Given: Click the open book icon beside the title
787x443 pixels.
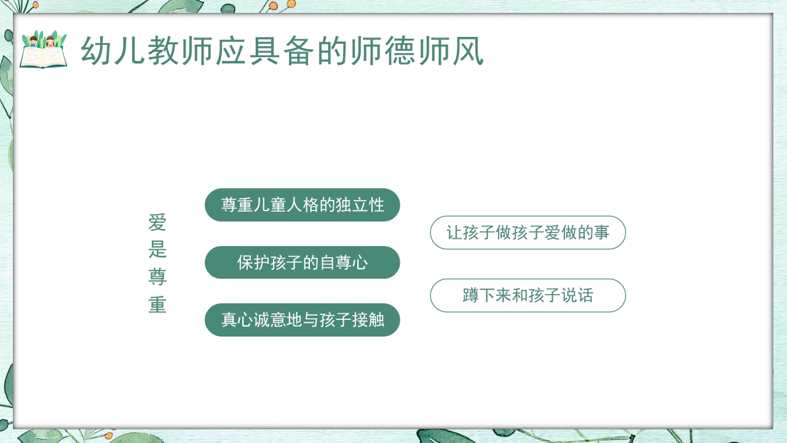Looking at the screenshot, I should [43, 50].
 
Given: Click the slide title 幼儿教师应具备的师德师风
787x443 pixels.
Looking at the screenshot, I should [282, 51].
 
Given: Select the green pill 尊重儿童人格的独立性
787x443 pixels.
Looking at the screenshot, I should [303, 205].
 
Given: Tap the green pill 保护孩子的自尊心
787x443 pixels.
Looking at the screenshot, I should [303, 263].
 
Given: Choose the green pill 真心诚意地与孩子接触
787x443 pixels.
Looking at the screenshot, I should [303, 320].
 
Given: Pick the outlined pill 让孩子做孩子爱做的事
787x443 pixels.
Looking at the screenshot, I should [528, 233].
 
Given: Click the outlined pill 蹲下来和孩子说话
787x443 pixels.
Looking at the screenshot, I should [528, 295].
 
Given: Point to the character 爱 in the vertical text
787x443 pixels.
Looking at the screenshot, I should [157, 223].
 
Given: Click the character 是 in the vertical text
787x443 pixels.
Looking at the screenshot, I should [157, 250].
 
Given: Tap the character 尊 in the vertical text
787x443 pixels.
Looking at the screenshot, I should [157, 277].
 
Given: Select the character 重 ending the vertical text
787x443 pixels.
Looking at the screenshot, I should [157, 305].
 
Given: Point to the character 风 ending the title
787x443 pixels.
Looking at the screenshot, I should [468, 51].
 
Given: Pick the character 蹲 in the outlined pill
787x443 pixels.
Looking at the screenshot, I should [471, 295].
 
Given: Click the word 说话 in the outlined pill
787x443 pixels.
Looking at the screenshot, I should [577, 295].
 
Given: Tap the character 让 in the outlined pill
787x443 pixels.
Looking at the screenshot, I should [454, 233].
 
